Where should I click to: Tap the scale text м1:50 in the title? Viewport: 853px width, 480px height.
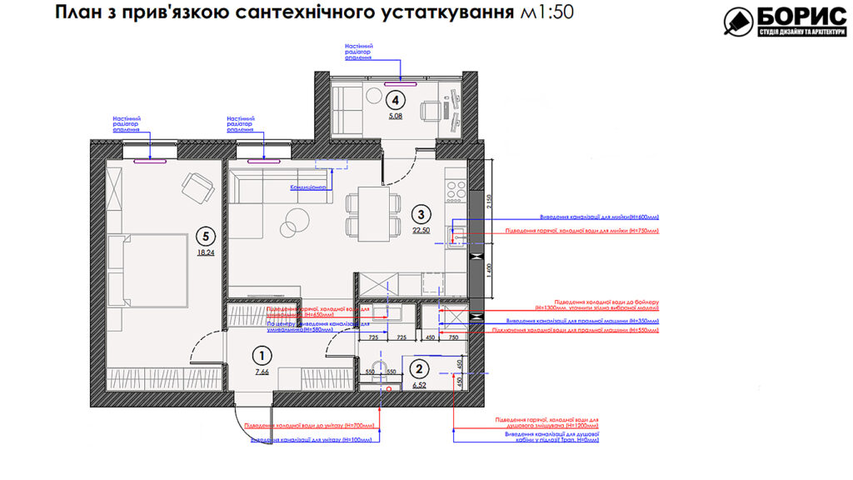546,14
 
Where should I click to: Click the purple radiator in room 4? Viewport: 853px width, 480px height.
401,84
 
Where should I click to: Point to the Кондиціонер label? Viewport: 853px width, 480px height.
307,188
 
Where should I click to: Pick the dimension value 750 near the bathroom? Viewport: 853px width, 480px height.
454,337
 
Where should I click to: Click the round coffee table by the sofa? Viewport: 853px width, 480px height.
293,222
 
